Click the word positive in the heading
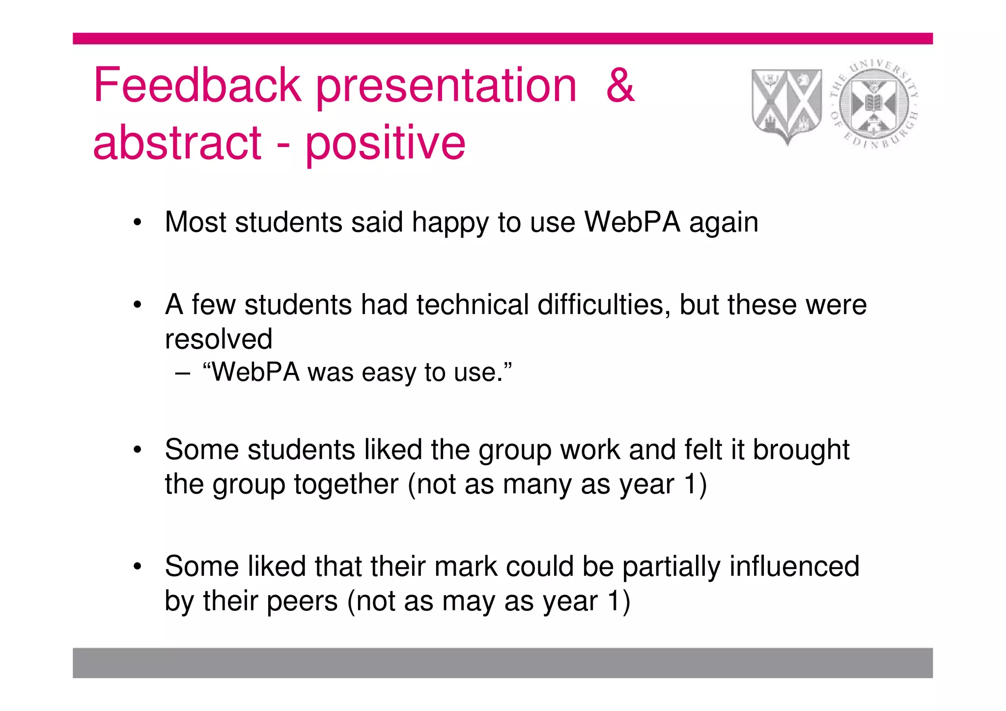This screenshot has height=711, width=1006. pyautogui.click(x=386, y=143)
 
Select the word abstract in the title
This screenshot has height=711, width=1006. pyautogui.click(x=177, y=143)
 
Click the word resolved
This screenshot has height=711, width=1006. pyautogui.click(x=219, y=339)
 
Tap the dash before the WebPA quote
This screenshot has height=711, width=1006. pyautogui.click(x=182, y=373)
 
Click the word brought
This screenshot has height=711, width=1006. pyautogui.click(x=801, y=450)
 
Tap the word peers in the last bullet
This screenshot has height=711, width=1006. pyautogui.click(x=302, y=601)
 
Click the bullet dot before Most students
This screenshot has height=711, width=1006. pyautogui.click(x=138, y=223)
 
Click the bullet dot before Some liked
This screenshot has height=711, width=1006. pyautogui.click(x=138, y=567)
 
